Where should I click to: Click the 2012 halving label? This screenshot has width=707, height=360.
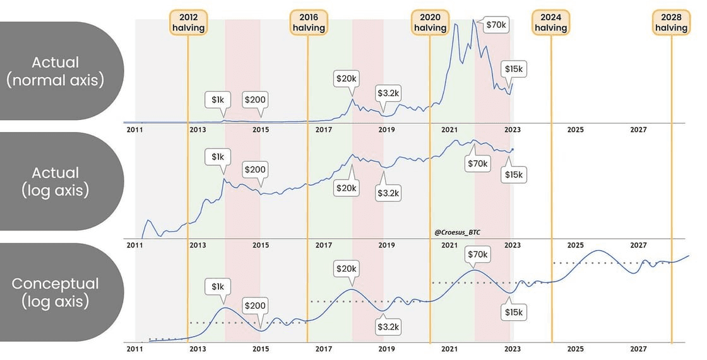click(x=188, y=21)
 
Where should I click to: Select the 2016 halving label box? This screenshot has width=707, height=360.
click(x=309, y=21)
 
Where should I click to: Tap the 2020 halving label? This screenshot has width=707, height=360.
click(x=430, y=21)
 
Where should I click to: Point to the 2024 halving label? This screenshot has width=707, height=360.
click(x=551, y=21)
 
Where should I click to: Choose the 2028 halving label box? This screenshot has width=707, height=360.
click(x=671, y=21)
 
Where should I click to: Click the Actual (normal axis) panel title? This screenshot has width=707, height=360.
click(x=55, y=71)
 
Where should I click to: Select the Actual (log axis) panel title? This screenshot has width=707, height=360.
click(x=55, y=181)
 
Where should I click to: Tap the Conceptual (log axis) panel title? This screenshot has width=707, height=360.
click(x=55, y=292)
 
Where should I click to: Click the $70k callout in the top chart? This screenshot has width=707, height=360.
click(x=496, y=25)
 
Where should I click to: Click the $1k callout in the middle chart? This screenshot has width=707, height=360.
click(x=218, y=156)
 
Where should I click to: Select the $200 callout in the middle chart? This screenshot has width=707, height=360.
click(x=255, y=169)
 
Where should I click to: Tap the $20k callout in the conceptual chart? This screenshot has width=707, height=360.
click(x=347, y=269)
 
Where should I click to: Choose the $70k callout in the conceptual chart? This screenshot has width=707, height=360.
click(x=477, y=255)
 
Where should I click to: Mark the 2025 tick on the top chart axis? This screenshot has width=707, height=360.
click(x=575, y=129)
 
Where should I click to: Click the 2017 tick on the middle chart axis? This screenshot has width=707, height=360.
click(x=323, y=244)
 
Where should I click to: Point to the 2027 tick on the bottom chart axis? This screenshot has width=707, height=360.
click(x=638, y=349)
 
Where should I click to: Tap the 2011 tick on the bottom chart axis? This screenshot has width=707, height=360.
click(x=133, y=349)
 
